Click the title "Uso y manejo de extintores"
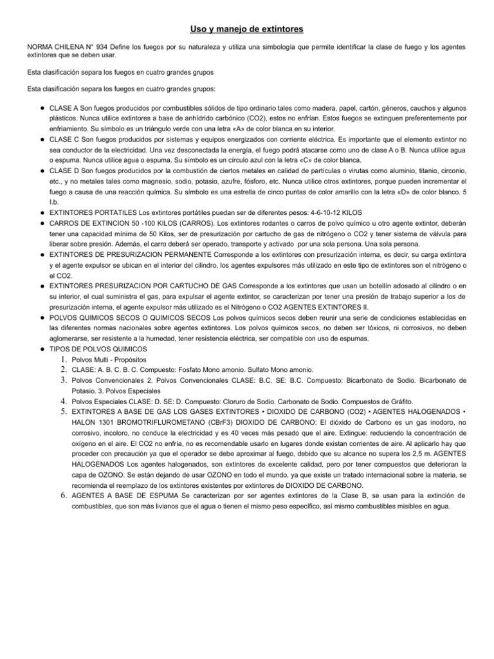[x=246, y=30]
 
